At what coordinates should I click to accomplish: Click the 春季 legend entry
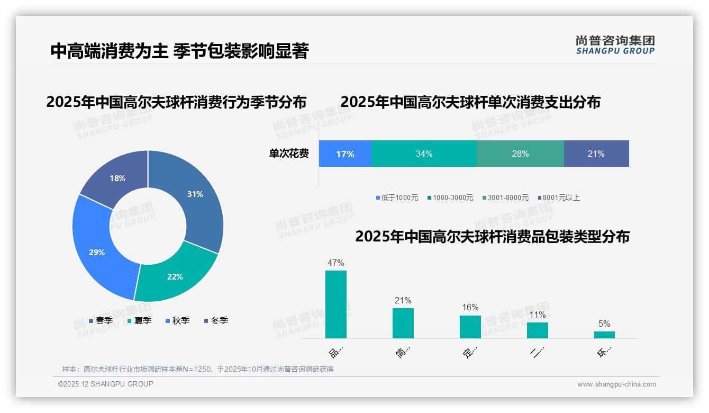[101, 320]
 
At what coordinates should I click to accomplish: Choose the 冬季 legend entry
[216, 320]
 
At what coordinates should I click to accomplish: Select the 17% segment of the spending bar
[345, 154]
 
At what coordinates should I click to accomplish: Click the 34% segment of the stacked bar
[424, 154]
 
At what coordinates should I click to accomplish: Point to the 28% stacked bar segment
[520, 154]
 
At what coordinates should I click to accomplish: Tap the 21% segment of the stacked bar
[596, 154]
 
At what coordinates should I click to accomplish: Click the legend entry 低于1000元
[397, 197]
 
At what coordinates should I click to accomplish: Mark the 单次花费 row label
[289, 154]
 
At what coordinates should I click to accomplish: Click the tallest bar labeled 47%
[336, 304]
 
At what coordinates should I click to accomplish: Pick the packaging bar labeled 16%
[470, 327]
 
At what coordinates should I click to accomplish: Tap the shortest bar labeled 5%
[604, 335]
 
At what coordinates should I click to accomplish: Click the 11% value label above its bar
[537, 315]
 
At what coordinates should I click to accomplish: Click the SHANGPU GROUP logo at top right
[615, 45]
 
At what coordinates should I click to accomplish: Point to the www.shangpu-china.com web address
[616, 384]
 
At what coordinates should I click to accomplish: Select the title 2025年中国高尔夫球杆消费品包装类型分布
[492, 237]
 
